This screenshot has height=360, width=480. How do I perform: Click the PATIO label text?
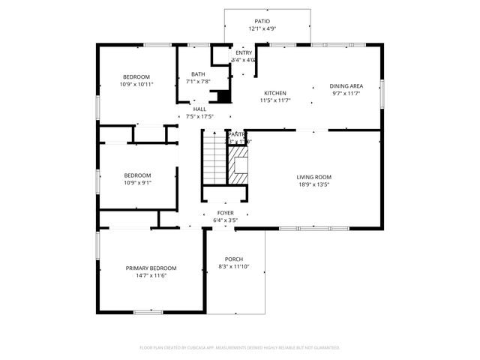coord(262,21)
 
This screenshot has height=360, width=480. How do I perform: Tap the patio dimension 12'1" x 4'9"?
coord(262,28)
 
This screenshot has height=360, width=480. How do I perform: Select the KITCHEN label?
coord(274,93)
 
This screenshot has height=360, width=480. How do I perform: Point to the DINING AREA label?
coord(346,85)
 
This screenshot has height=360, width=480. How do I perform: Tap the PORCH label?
coord(234,259)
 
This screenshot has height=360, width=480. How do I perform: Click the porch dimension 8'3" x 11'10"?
coord(234,266)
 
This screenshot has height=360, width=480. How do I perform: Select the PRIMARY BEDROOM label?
coord(151,268)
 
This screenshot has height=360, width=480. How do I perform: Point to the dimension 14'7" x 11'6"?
coord(151,275)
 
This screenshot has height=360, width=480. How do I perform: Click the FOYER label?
coord(226,213)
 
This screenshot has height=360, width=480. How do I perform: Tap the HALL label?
coord(199,109)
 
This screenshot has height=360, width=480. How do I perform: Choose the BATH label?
coord(198,73)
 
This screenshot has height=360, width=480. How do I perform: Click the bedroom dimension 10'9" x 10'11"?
coord(137,84)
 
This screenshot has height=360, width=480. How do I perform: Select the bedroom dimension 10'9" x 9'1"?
coord(137,182)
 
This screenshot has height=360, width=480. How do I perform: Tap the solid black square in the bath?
coord(221,96)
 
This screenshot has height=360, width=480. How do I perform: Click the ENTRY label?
coord(244,52)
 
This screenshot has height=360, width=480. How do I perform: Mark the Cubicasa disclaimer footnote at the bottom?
coord(240,347)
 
